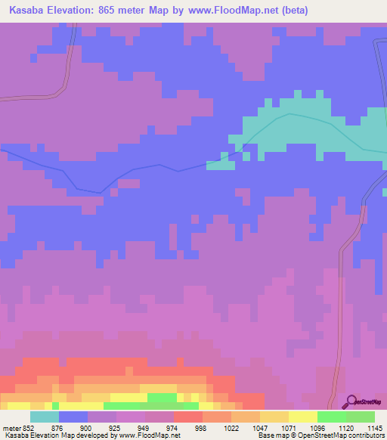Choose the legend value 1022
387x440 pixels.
(231, 427)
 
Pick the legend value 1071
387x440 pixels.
(289, 427)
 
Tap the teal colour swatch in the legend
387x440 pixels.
(45, 417)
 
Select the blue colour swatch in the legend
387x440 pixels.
(73, 417)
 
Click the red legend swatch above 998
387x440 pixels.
(188, 417)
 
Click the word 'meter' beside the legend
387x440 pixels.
(11, 427)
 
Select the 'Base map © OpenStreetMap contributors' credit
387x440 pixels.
(320, 435)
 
